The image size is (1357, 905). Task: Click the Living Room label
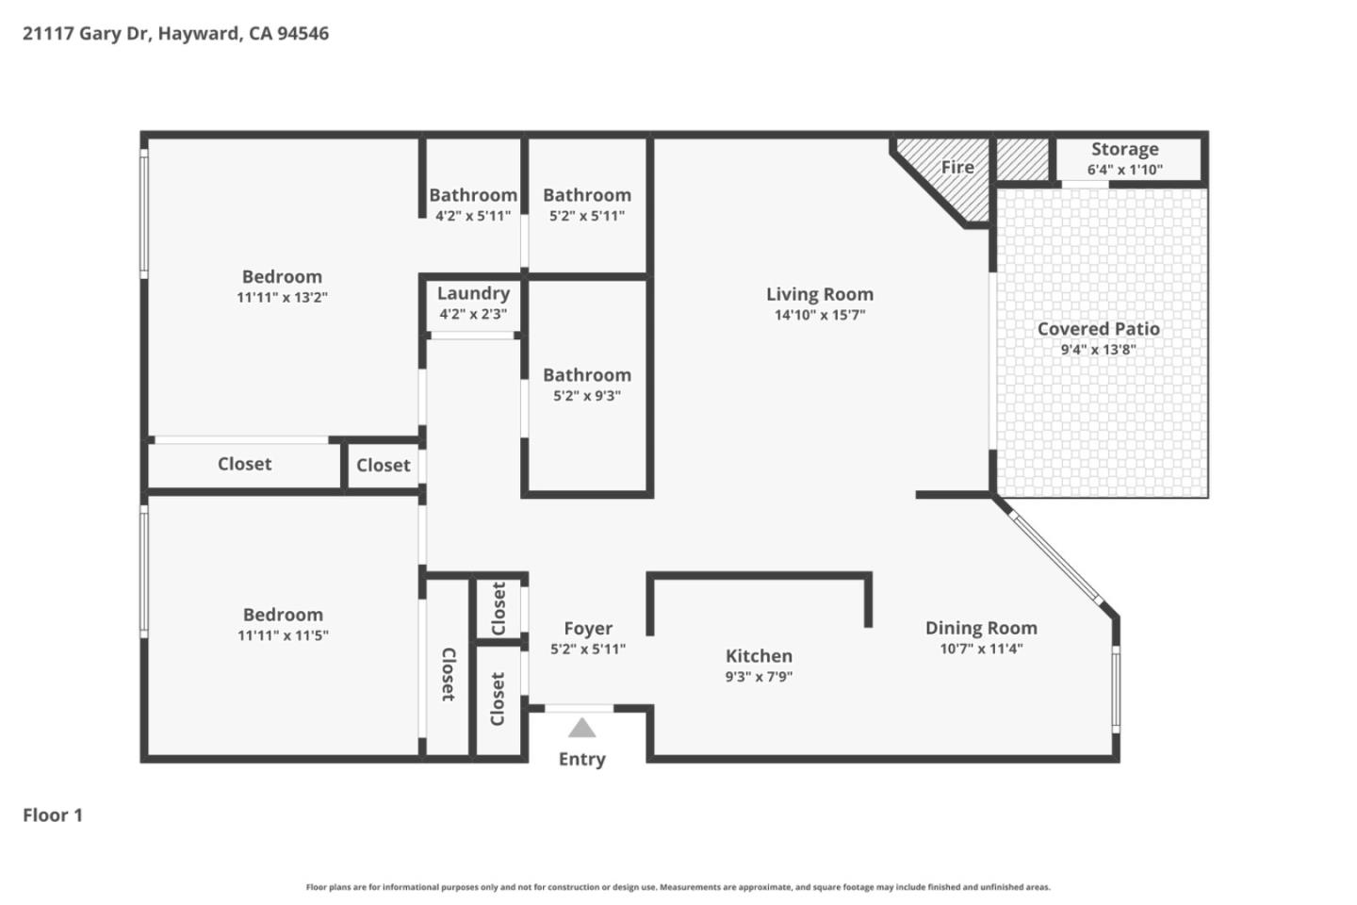click(x=819, y=294)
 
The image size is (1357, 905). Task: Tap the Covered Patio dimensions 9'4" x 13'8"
click(x=1098, y=350)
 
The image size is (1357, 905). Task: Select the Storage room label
click(x=1124, y=149)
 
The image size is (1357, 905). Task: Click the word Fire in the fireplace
click(x=956, y=167)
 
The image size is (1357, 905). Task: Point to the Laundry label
click(x=473, y=293)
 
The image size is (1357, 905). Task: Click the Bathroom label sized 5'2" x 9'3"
click(x=586, y=375)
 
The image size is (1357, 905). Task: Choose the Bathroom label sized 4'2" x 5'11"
click(x=472, y=195)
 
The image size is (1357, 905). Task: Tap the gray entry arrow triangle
click(x=581, y=728)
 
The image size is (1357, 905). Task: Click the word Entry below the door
click(x=581, y=759)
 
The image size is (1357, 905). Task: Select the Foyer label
click(x=588, y=628)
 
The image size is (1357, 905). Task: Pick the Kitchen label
click(x=759, y=656)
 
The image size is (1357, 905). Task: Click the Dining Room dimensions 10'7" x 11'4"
click(x=981, y=649)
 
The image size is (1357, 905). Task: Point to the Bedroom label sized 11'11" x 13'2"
click(x=282, y=276)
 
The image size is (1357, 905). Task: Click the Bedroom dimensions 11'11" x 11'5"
click(x=283, y=635)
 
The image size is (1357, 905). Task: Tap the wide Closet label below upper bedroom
click(x=244, y=464)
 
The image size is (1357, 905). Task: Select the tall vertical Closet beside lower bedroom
click(x=448, y=674)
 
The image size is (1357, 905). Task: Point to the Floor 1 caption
click(x=53, y=815)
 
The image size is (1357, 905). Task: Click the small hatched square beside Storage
click(x=1022, y=159)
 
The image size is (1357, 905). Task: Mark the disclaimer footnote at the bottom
click(x=678, y=887)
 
